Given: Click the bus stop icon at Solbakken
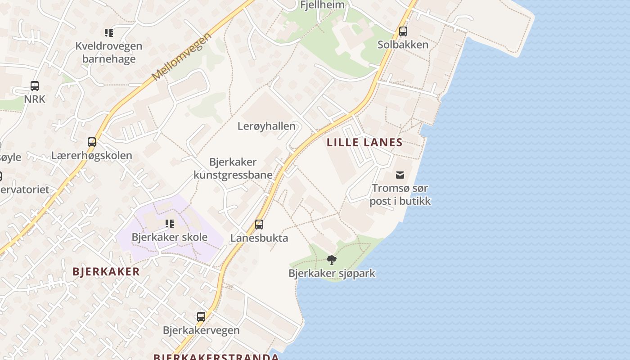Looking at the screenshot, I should click(x=403, y=31).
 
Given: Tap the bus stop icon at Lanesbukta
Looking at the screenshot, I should click(x=259, y=224).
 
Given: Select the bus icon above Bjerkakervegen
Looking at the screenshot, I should click(x=201, y=317).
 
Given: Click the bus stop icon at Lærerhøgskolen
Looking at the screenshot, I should click(x=92, y=142).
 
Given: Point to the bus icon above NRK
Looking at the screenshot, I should click(x=35, y=85).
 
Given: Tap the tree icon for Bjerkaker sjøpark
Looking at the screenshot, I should click(x=332, y=260).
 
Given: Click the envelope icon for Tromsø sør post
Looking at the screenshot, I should click(x=400, y=175).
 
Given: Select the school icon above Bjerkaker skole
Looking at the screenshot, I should click(x=170, y=224).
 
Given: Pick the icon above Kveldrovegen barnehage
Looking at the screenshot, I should click(x=109, y=32).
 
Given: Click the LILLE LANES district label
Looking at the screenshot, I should click(x=364, y=143).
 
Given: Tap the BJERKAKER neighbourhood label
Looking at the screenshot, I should click(x=106, y=272).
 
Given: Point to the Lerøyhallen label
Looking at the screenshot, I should click(x=266, y=126).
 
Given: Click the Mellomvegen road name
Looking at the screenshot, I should click(x=181, y=57).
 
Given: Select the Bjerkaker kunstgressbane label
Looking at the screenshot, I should click(x=233, y=168).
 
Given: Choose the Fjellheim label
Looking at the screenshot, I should click(x=322, y=5).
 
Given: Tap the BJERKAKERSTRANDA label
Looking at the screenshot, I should click(x=216, y=357).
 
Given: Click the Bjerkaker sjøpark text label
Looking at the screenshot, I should click(x=332, y=273).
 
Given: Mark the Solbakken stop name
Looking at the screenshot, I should click(x=403, y=45).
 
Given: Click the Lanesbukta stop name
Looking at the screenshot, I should click(x=259, y=238).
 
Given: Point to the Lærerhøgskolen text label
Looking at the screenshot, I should click(x=92, y=156).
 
